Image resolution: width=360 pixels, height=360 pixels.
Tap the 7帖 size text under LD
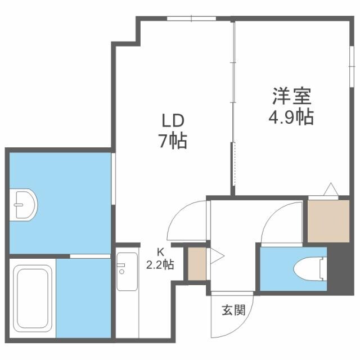click(172, 141)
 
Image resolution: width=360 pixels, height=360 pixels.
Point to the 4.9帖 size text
click(290, 118)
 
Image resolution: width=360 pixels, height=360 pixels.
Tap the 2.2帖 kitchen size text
click(161, 264)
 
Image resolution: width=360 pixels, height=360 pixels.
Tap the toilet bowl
click(310, 268)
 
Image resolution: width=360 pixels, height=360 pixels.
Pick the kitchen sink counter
click(127, 271)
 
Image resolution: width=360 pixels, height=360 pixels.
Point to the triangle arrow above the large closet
click(330, 188)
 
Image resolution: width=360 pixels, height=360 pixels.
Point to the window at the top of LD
click(191, 19)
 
